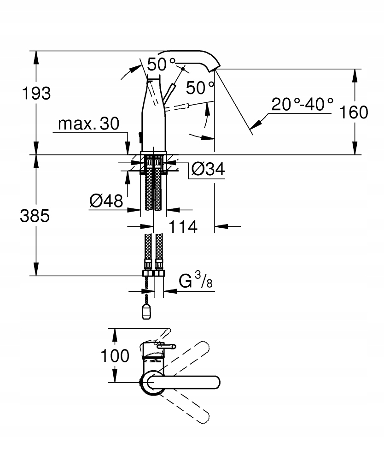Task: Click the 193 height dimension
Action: [x=36, y=93]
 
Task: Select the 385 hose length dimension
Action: [x=35, y=216]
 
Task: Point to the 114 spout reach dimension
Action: [x=183, y=226]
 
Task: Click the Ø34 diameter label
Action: [x=207, y=170]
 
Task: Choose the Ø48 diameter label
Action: [x=106, y=201]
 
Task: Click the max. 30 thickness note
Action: [x=89, y=124]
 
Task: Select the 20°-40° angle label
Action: [x=302, y=104]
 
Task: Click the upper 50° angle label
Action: [x=162, y=64]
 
